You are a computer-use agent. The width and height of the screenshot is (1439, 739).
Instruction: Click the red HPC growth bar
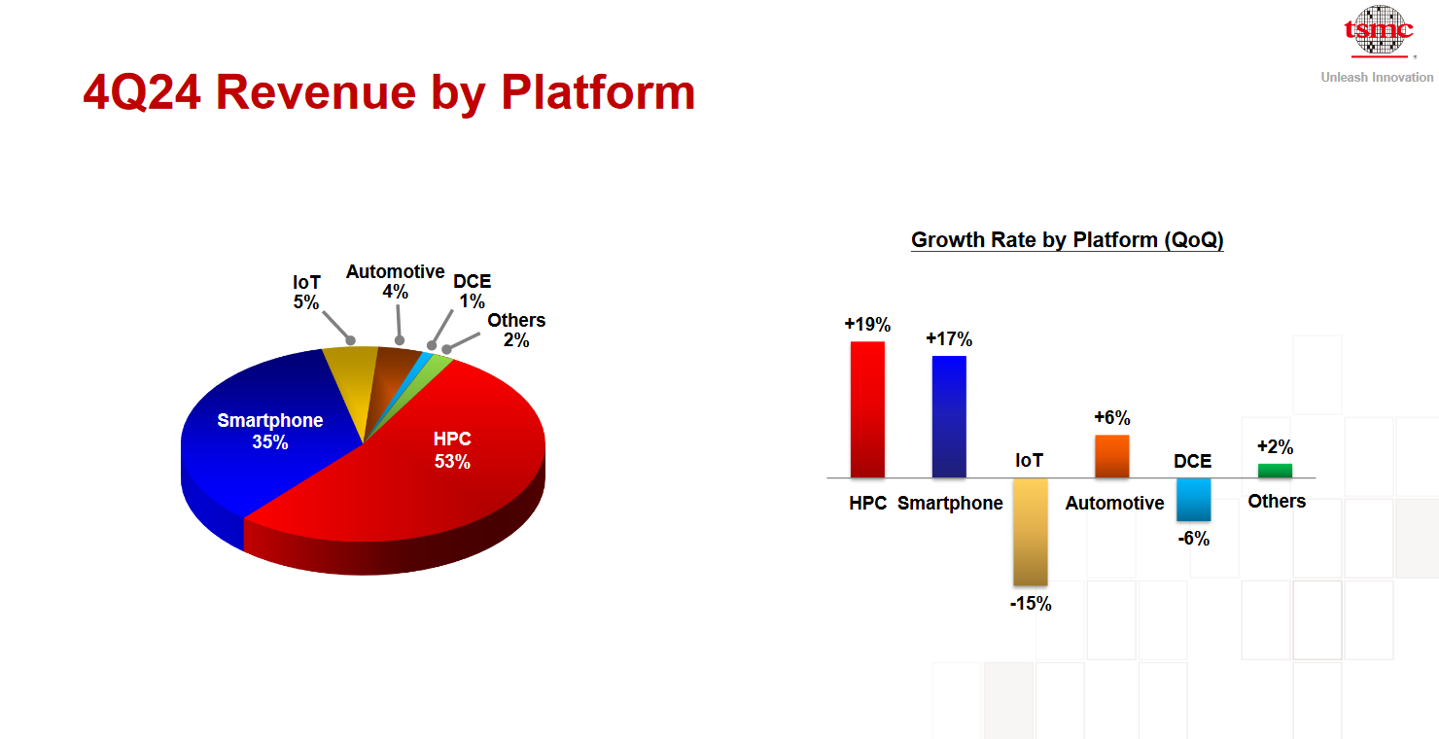[x=867, y=409]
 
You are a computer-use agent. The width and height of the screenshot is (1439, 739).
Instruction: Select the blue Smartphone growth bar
[x=949, y=416]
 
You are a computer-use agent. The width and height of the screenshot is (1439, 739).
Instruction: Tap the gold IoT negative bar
[x=1031, y=532]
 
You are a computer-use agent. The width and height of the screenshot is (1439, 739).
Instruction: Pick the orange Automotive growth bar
[x=1112, y=456]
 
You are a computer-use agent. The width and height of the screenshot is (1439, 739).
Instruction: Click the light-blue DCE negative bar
[x=1194, y=499]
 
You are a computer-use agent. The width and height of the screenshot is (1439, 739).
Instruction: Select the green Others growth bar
[x=1276, y=471]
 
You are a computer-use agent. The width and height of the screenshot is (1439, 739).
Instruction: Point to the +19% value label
[x=867, y=325]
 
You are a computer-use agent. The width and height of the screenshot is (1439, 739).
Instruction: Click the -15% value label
[x=1031, y=604]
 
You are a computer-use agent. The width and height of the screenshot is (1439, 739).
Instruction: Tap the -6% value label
[x=1194, y=539]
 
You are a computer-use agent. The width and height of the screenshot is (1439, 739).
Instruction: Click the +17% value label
[x=949, y=339]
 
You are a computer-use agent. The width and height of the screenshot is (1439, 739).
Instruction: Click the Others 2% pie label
[x=516, y=330]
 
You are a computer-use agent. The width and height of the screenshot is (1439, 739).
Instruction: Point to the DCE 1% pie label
[x=473, y=291]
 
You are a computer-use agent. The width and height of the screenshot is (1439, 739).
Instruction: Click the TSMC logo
[x=1379, y=30]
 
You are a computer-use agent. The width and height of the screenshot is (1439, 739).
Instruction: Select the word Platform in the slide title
[x=598, y=93]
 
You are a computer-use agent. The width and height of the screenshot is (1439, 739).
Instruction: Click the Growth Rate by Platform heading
[x=1067, y=240]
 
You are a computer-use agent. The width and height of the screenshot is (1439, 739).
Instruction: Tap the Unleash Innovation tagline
[x=1377, y=77]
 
